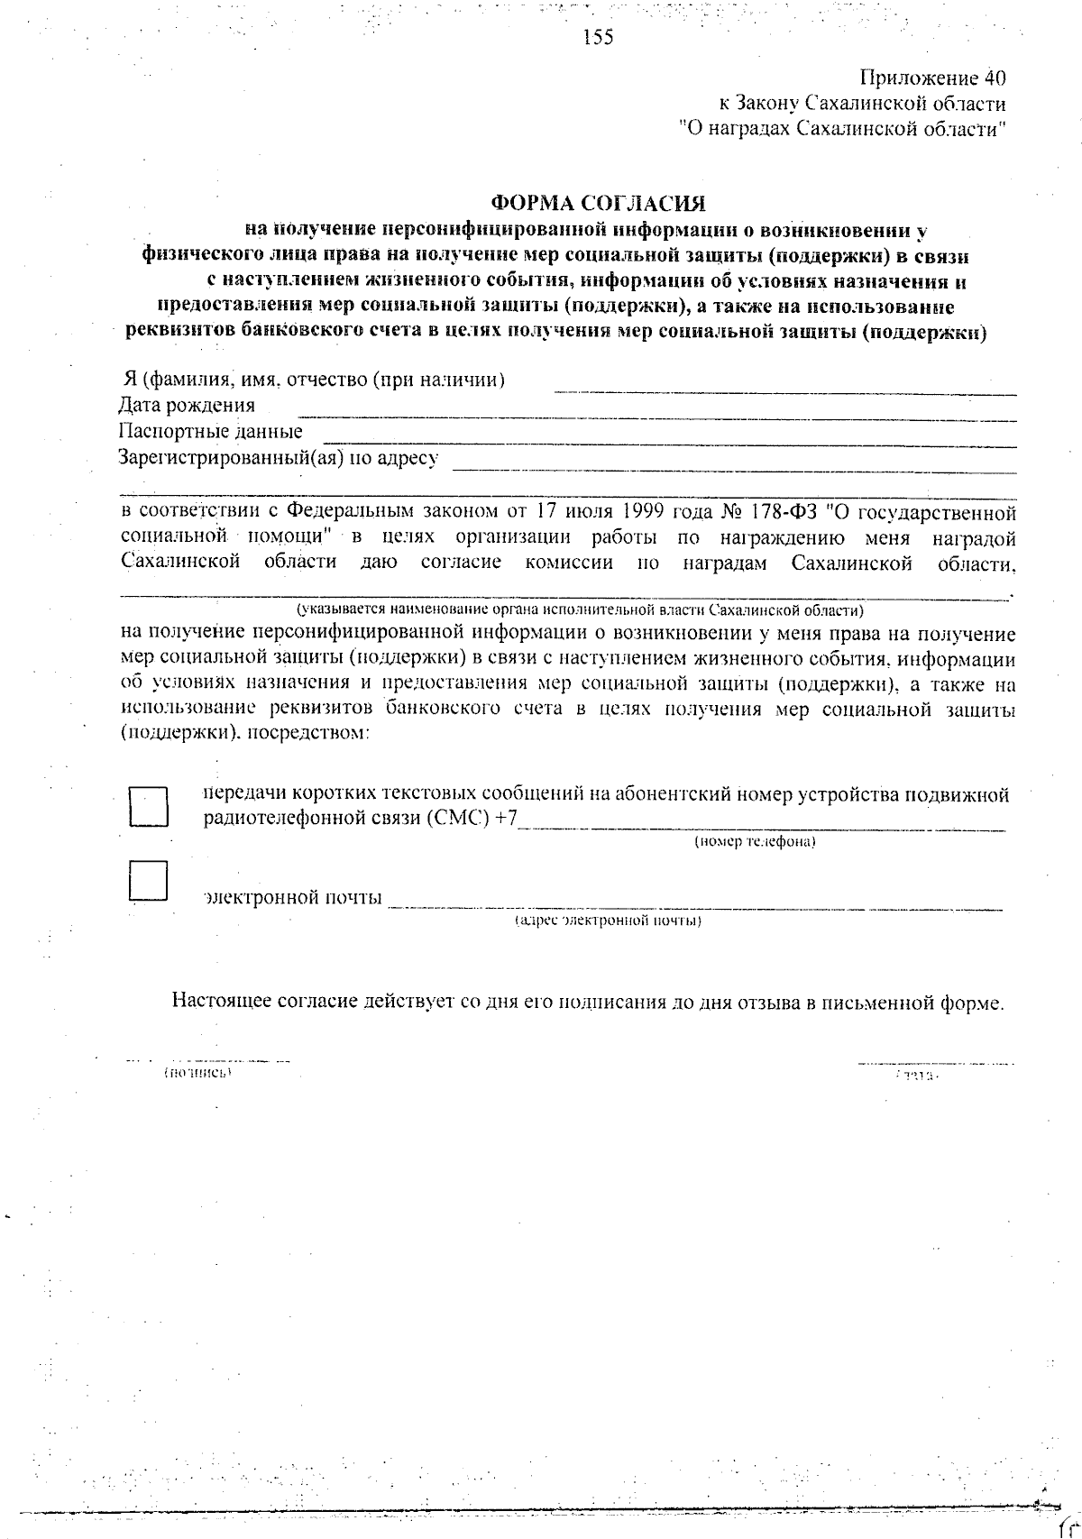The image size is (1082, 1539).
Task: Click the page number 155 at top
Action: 598,37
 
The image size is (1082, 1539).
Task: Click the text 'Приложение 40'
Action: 932,78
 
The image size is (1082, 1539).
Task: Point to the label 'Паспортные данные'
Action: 210,432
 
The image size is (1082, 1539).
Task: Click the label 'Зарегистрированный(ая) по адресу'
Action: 279,458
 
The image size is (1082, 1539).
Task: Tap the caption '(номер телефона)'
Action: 755,842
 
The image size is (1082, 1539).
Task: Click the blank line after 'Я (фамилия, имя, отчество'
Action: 784,389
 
